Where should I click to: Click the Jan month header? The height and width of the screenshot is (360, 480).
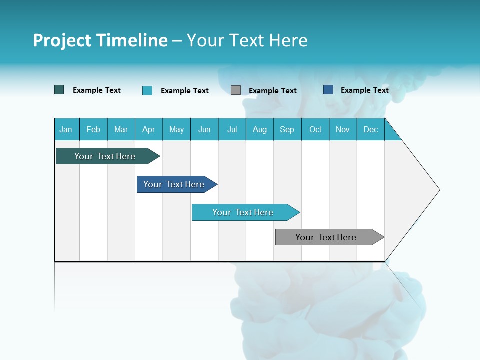coord(66,129)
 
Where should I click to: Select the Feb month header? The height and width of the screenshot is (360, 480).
coord(93,129)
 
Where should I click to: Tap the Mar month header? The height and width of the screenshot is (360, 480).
coord(121,129)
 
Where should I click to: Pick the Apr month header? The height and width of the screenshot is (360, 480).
coord(149,129)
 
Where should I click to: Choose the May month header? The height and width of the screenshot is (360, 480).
coord(176,129)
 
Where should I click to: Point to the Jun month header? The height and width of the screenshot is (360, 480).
coord(204,129)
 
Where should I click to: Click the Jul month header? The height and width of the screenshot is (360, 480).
coord(232,129)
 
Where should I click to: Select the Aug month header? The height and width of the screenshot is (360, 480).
coord(260,129)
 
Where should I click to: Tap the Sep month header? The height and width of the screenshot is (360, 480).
coord(287,129)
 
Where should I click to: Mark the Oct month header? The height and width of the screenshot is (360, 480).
coord(315,129)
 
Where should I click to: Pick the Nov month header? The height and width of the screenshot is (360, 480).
coord(343,129)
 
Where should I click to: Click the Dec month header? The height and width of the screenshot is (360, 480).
coord(371,129)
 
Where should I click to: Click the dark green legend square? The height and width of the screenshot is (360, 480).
coord(59,90)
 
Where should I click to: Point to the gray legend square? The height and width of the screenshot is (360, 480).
coord(236,90)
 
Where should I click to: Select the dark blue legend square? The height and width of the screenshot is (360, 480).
coord(328,90)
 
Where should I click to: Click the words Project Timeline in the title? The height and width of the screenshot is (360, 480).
coord(100,40)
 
